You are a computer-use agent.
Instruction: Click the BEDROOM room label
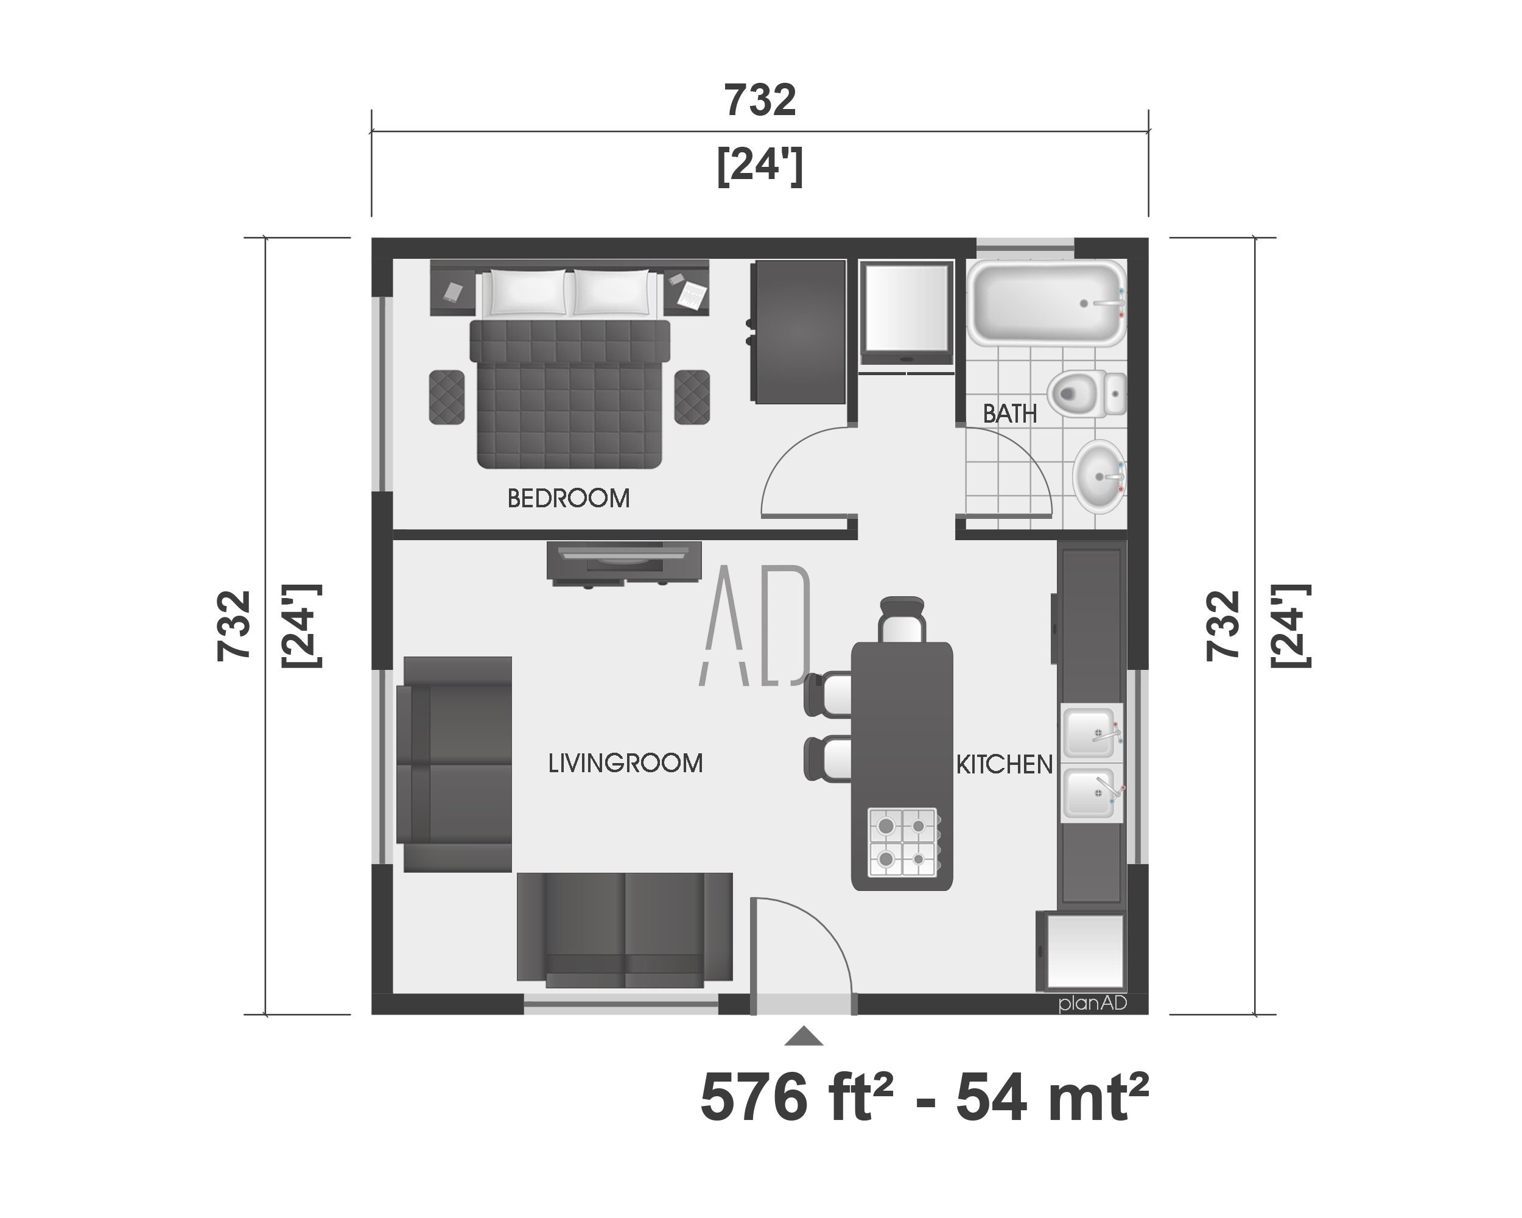(x=568, y=499)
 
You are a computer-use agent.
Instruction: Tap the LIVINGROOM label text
(x=625, y=763)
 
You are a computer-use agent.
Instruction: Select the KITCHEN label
(x=1004, y=765)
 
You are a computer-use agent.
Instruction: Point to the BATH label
(x=1009, y=414)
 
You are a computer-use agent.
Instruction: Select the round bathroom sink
(x=1098, y=477)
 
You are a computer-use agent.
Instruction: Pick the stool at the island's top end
(x=902, y=620)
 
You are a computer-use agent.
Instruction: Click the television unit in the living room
(x=624, y=562)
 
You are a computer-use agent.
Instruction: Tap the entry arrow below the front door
(x=804, y=1037)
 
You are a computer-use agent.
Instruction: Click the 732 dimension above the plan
(x=760, y=100)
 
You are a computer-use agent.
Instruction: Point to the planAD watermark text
(x=1092, y=1004)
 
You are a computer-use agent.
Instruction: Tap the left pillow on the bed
(x=527, y=292)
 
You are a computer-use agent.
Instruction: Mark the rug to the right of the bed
(x=692, y=397)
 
